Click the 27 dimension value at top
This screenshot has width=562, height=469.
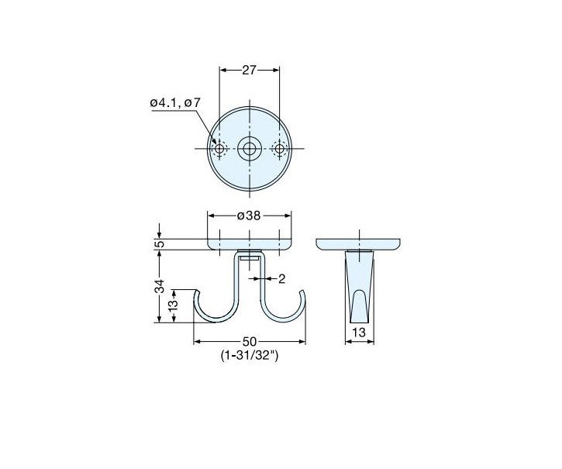coord(249,70)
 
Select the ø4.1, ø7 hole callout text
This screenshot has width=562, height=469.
coord(175,103)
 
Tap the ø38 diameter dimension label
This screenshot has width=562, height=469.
coord(249,216)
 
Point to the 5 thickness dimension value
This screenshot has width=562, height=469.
coord(160,244)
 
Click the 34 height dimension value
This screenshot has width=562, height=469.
coord(160,286)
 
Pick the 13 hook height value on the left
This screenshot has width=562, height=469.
coord(174,305)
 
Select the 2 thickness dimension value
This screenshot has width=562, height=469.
coord(281,278)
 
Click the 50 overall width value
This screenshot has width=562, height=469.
coord(250,341)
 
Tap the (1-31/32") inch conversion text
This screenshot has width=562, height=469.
coord(250,355)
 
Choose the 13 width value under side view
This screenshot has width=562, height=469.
coord(359,333)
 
